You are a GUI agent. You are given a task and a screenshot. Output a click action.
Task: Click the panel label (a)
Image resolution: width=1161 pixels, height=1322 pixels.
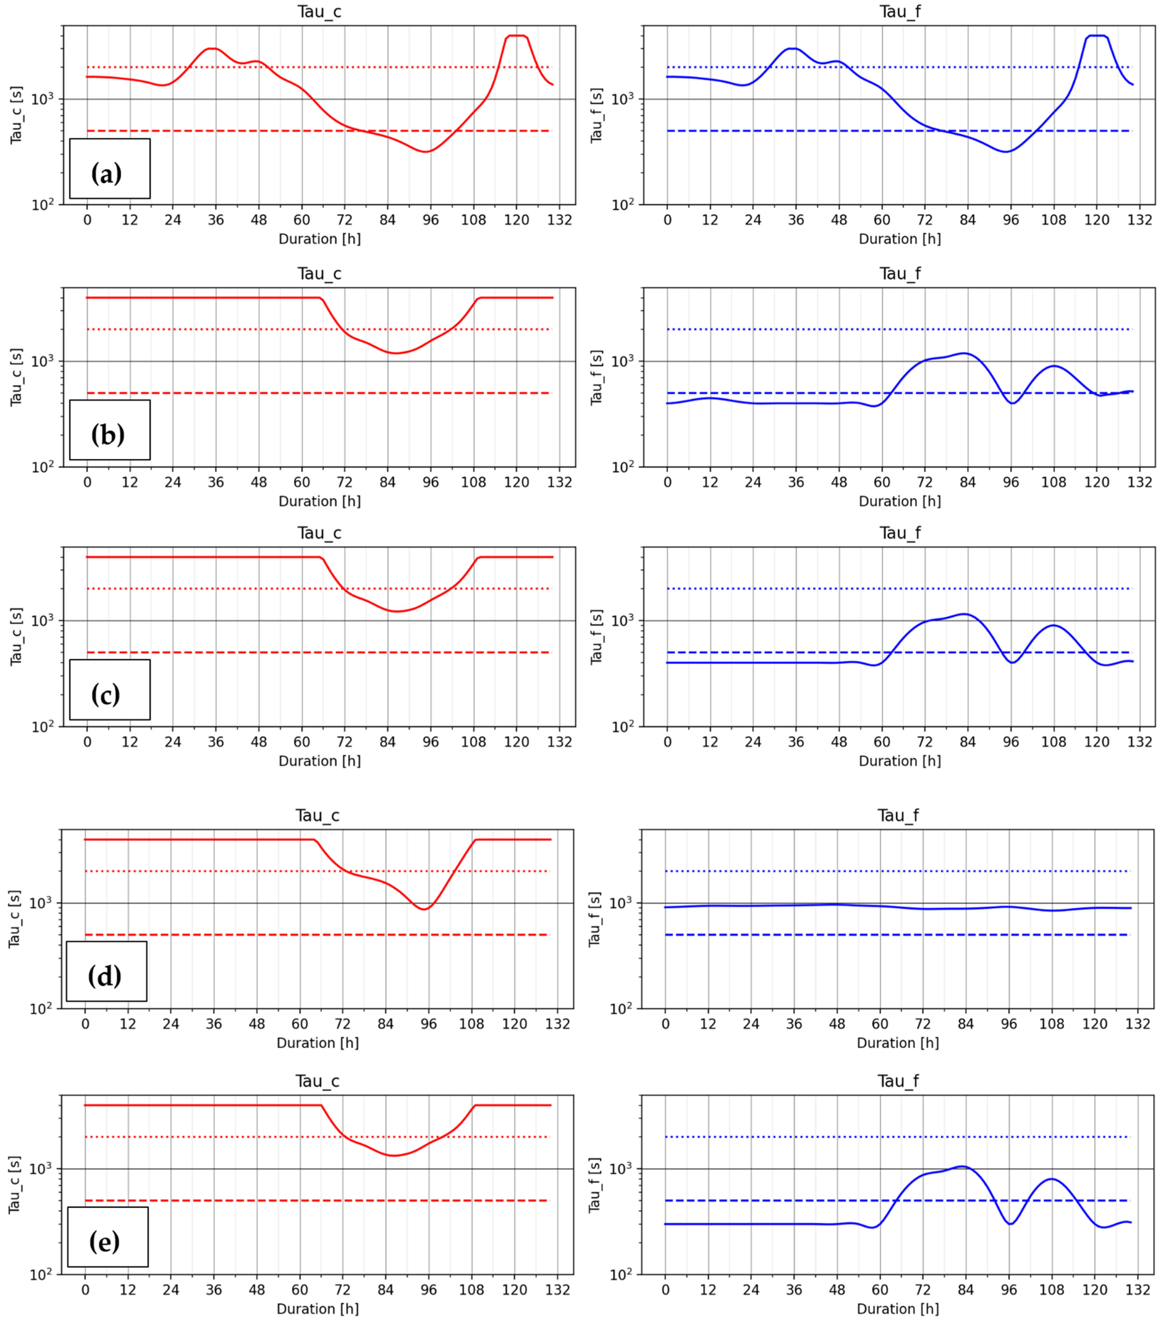click(107, 173)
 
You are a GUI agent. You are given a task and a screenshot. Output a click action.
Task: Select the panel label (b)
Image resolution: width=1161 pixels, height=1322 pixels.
click(107, 434)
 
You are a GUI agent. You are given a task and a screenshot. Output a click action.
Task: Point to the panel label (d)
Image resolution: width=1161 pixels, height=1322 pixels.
click(105, 975)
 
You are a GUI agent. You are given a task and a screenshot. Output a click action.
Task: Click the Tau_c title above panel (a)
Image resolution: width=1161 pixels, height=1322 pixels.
click(319, 12)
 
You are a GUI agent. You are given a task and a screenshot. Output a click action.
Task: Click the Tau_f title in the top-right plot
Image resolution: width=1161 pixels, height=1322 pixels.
click(900, 12)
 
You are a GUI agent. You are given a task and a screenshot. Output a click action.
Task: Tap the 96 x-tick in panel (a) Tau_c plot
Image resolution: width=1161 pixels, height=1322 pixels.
click(431, 220)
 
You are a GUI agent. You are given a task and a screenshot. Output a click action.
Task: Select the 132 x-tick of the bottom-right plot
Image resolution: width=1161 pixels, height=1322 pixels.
click(1138, 1290)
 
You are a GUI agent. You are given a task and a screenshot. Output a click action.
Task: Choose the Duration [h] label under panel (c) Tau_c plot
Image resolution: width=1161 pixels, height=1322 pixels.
click(319, 761)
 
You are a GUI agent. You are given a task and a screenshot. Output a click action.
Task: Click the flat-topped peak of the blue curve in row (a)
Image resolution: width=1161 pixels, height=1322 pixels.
click(1097, 35)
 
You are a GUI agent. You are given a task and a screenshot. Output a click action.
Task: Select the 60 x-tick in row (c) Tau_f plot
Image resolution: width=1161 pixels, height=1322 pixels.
click(882, 742)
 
